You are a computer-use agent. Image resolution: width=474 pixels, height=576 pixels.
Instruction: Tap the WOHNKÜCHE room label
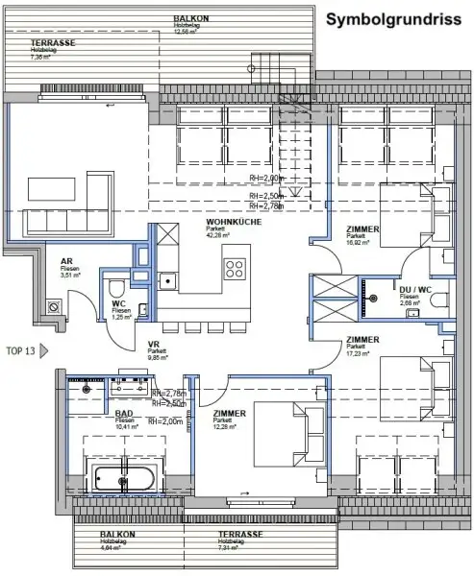tap(228, 223)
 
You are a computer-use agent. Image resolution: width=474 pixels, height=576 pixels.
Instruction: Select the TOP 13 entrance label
tap(20, 351)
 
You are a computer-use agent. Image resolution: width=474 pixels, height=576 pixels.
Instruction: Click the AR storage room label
tap(67, 260)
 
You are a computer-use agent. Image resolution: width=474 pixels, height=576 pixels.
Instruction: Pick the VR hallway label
tap(153, 346)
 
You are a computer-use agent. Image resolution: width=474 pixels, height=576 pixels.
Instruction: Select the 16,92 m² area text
tap(359, 244)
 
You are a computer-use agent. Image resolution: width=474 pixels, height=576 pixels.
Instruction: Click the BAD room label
tap(123, 413)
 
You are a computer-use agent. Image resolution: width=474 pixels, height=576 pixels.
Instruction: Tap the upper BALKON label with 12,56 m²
tap(188, 19)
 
